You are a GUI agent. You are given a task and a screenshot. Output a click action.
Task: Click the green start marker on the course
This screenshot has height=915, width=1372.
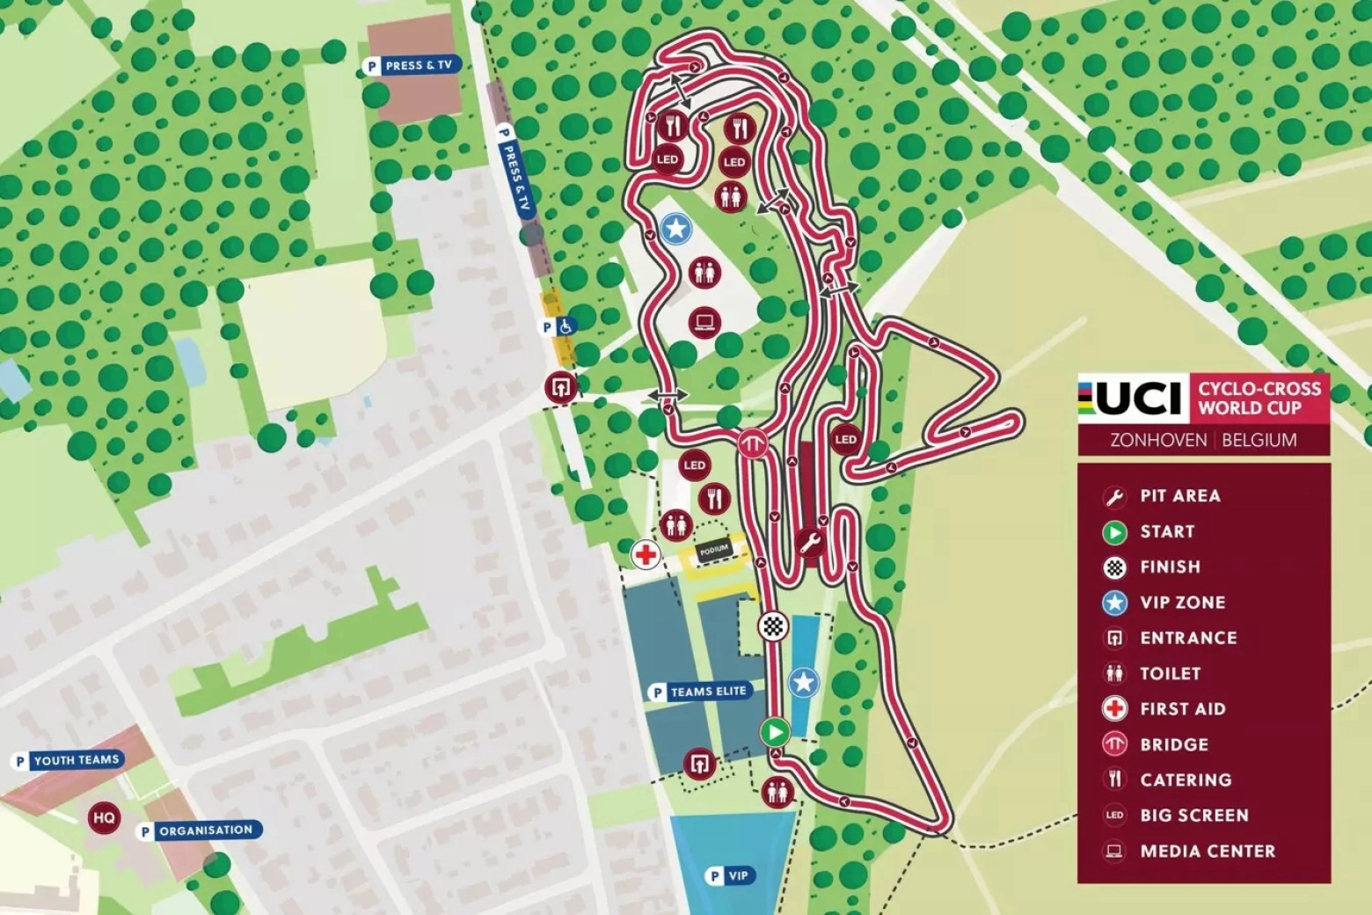pos(775,731)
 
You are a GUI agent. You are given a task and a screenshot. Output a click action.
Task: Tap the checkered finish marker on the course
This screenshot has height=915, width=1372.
pos(773,626)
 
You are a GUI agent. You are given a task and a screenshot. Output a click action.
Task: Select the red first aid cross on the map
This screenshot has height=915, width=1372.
pos(646,554)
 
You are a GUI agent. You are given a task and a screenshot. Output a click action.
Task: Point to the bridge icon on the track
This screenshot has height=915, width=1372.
pos(753,443)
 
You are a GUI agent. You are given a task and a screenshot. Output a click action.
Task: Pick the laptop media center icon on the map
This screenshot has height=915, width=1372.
pos(704,322)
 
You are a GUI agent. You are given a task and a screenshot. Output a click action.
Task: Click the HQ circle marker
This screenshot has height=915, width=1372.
pos(104,818)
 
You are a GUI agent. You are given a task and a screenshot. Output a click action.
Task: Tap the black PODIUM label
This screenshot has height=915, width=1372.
pos(713,550)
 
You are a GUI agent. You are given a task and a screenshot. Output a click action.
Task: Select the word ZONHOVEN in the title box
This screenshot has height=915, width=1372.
pos(1157,440)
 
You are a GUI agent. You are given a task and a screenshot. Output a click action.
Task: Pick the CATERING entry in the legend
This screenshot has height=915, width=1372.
pos(1185,780)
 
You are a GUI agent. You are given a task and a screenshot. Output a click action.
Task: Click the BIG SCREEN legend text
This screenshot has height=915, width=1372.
pos(1193,816)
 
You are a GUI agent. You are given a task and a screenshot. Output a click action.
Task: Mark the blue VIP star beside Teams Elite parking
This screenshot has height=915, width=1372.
pos(803,682)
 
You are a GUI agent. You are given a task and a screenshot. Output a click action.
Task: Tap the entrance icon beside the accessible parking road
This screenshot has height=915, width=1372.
pos(560,387)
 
